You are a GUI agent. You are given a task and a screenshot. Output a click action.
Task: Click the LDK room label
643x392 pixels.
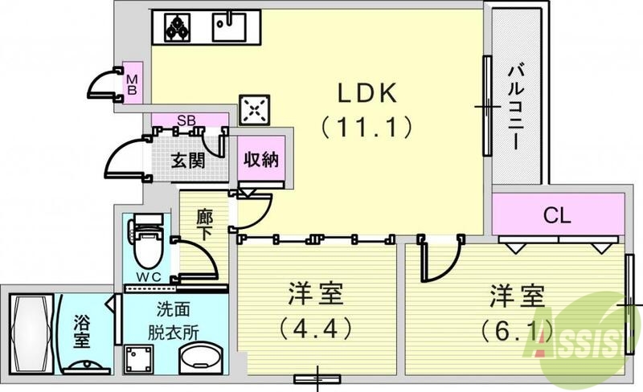tap(366, 92)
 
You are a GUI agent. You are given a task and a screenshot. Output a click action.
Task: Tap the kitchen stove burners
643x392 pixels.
tap(176, 28)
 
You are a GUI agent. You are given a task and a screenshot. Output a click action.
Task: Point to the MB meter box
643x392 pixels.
tap(133, 84)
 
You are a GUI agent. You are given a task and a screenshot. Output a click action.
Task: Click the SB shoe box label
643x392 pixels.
tap(186, 121)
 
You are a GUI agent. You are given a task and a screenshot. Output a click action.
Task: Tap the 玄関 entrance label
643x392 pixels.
tap(187, 158)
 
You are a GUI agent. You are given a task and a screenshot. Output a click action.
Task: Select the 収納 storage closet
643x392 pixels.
tap(261, 159)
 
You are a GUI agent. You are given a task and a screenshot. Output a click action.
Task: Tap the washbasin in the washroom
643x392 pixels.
tap(202, 358)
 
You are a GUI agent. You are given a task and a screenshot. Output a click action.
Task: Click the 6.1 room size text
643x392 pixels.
tap(517, 328)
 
